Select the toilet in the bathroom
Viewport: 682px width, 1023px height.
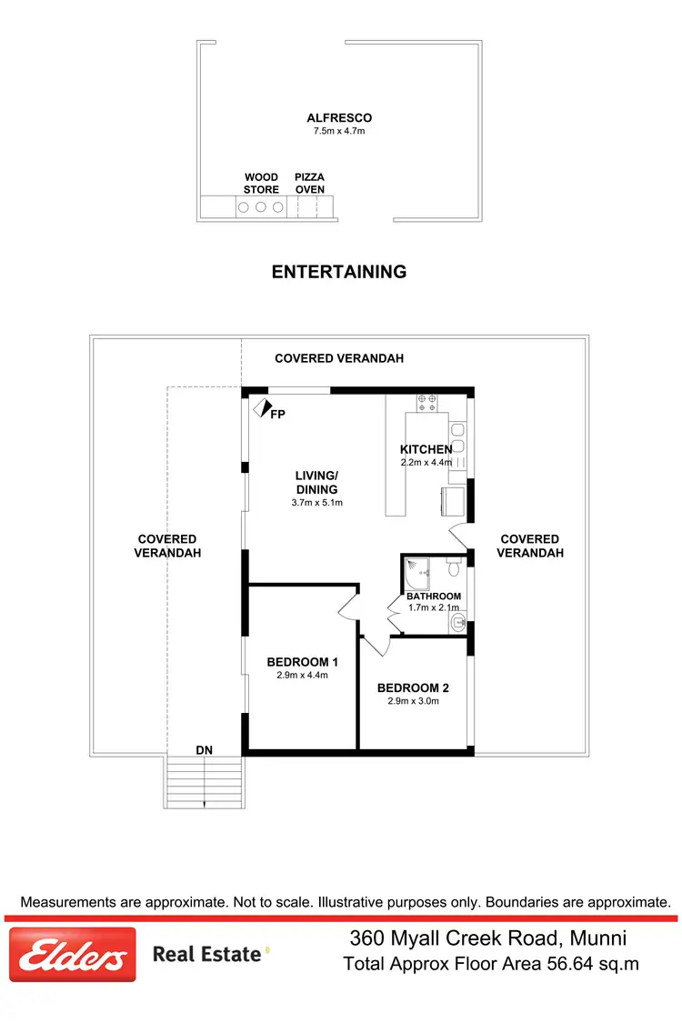454,568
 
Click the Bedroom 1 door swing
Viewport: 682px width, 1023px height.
348,608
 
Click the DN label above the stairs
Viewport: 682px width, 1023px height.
205,750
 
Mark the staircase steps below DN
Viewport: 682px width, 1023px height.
205,782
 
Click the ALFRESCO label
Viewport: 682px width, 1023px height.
339,118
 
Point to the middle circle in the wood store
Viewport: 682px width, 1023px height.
261,207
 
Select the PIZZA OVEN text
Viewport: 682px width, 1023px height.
309,184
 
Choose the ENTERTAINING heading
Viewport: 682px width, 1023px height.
339,271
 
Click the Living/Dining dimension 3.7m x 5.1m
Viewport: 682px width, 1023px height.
316,502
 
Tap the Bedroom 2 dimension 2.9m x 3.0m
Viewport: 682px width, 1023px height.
413,701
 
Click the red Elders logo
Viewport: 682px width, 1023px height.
73,954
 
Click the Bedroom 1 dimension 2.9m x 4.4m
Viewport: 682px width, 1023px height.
302,675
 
